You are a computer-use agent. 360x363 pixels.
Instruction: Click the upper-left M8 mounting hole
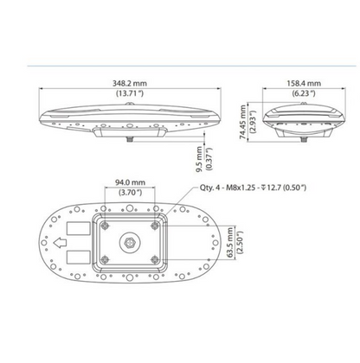104,224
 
